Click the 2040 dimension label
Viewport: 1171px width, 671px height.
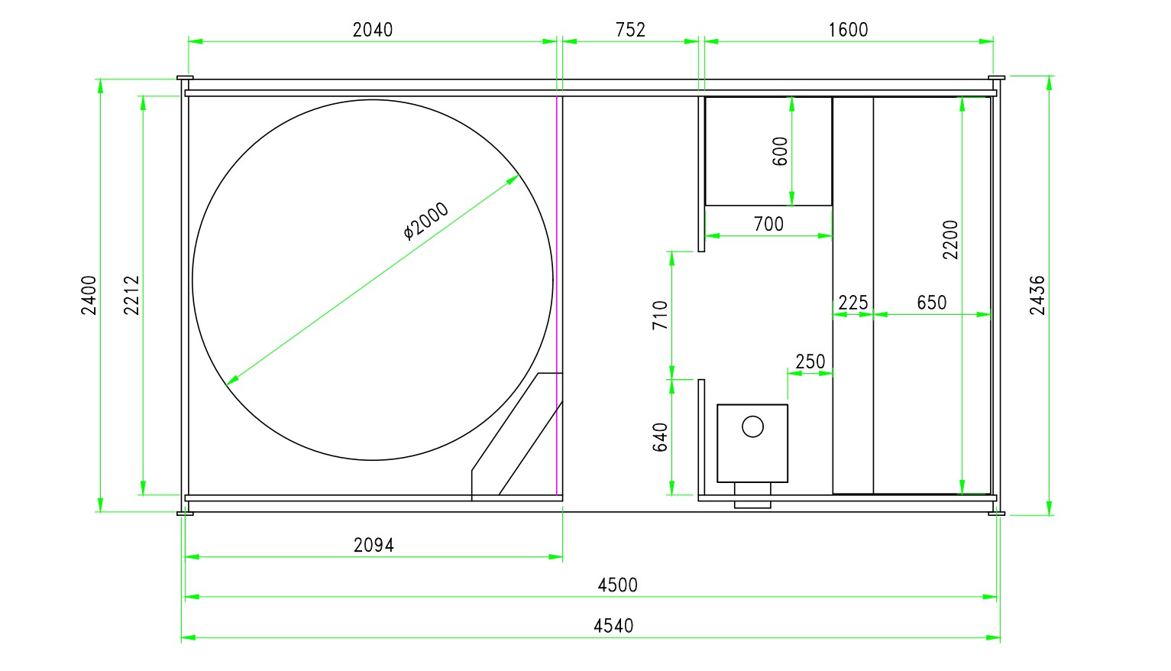(373, 30)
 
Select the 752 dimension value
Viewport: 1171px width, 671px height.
(630, 30)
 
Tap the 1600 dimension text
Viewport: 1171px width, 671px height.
(849, 30)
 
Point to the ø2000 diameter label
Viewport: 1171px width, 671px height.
(426, 221)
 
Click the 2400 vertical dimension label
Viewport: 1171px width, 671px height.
(89, 296)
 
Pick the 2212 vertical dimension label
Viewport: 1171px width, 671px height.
(131, 296)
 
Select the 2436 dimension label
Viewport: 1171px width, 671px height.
(1037, 296)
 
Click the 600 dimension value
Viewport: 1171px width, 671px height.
(780, 151)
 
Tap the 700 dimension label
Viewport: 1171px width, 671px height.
(768, 225)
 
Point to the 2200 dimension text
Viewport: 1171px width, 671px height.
(950, 240)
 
